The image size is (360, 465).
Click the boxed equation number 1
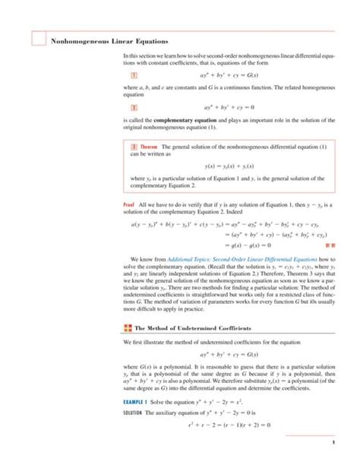click(x=134, y=77)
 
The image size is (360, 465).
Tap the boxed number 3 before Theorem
click(x=134, y=147)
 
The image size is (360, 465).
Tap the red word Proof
click(x=128, y=207)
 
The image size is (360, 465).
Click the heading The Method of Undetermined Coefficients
click(x=190, y=328)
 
